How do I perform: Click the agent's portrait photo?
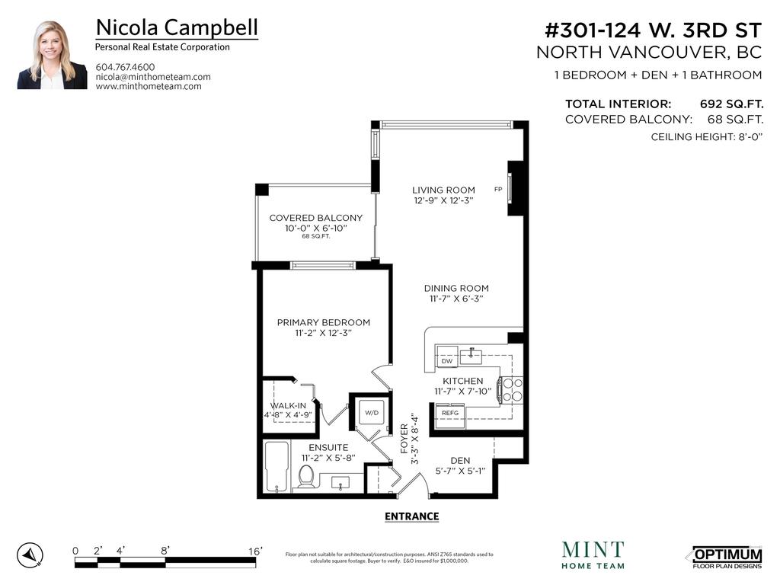pyautogui.click(x=53, y=56)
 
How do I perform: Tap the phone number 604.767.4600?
pyautogui.click(x=125, y=67)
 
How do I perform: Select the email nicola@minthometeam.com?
pyautogui.click(x=153, y=77)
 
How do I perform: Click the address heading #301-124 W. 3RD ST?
pyautogui.click(x=653, y=30)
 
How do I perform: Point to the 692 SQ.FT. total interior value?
pyautogui.click(x=731, y=104)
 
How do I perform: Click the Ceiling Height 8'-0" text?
pyautogui.click(x=706, y=137)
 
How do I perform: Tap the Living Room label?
pyautogui.click(x=443, y=190)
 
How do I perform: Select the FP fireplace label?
pyautogui.click(x=498, y=190)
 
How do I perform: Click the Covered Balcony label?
pyautogui.click(x=315, y=218)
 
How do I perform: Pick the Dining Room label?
pyautogui.click(x=456, y=288)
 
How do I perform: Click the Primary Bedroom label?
pyautogui.click(x=323, y=322)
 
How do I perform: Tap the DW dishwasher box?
pyautogui.click(x=447, y=361)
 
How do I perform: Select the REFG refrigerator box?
pyautogui.click(x=449, y=412)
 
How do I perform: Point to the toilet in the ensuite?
pyautogui.click(x=306, y=476)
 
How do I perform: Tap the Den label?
pyautogui.click(x=459, y=460)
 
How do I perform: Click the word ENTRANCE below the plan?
pyautogui.click(x=411, y=516)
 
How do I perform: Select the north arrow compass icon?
pyautogui.click(x=30, y=555)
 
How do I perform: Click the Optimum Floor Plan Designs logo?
pyautogui.click(x=727, y=557)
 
